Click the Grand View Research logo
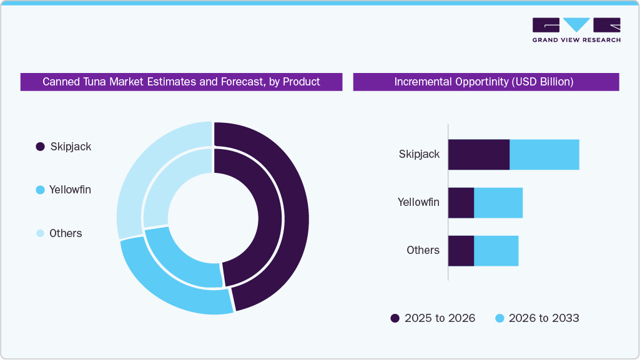576,30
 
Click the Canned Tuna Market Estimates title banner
181,82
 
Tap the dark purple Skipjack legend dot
40,147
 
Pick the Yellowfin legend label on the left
70,190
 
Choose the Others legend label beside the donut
66,233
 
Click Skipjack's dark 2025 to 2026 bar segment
479,154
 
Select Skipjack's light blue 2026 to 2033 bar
544,154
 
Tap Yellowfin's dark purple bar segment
461,203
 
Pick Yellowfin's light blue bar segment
498,203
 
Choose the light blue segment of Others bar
496,251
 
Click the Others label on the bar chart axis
423,250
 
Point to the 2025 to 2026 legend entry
432,318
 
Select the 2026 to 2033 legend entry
537,318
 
